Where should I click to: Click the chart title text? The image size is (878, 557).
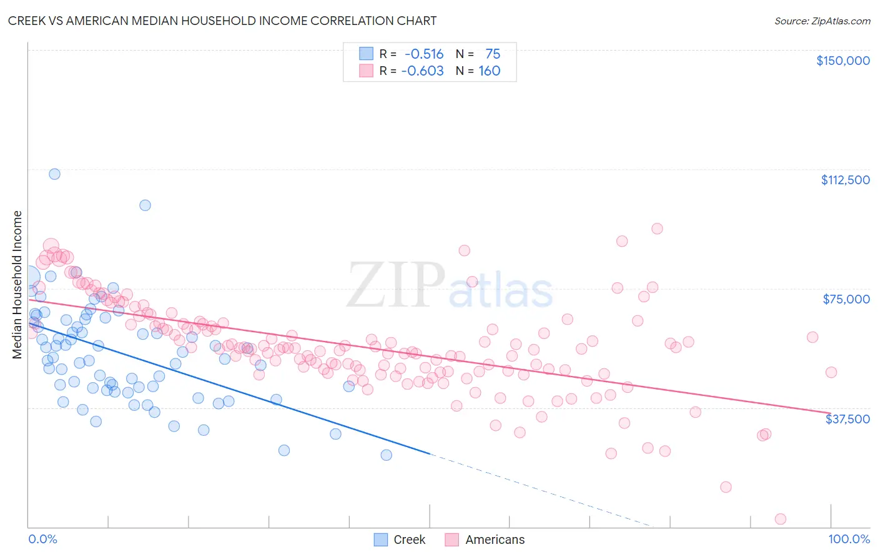pos(222,21)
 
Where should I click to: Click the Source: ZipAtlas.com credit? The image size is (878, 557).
pos(822,21)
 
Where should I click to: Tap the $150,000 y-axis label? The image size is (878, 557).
pos(843,61)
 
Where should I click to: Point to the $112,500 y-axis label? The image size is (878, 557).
pos(845,180)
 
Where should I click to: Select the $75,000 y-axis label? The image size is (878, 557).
pos(846,299)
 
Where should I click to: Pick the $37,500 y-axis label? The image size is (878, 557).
pos(847,419)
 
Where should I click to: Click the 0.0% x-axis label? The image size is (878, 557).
pos(43,539)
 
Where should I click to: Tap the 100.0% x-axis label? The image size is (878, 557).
pos(849,539)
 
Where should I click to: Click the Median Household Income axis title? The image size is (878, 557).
pos(17,285)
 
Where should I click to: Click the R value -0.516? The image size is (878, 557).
pos(424,54)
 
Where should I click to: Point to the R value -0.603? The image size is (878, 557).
pos(422,71)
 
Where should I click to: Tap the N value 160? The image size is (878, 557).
pos(490,71)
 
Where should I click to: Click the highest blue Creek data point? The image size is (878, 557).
pos(54,174)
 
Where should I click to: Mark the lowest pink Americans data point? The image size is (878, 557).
pos(780,519)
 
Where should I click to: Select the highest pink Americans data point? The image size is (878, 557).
pos(657,229)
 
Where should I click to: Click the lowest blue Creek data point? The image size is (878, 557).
pos(387,455)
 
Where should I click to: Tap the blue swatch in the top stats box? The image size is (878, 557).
pos(365,54)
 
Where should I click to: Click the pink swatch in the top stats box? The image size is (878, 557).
pos(365,71)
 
